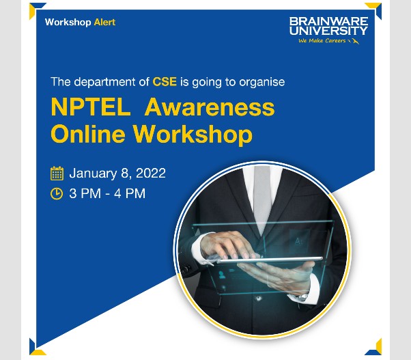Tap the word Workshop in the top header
click(68, 23)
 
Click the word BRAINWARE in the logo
click(328, 22)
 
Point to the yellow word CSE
click(165, 82)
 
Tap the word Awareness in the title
click(210, 107)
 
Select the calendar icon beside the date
click(57, 173)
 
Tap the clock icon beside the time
click(57, 193)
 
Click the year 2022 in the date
click(151, 173)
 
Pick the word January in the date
click(93, 173)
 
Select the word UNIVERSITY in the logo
click(328, 31)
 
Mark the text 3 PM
click(85, 193)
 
